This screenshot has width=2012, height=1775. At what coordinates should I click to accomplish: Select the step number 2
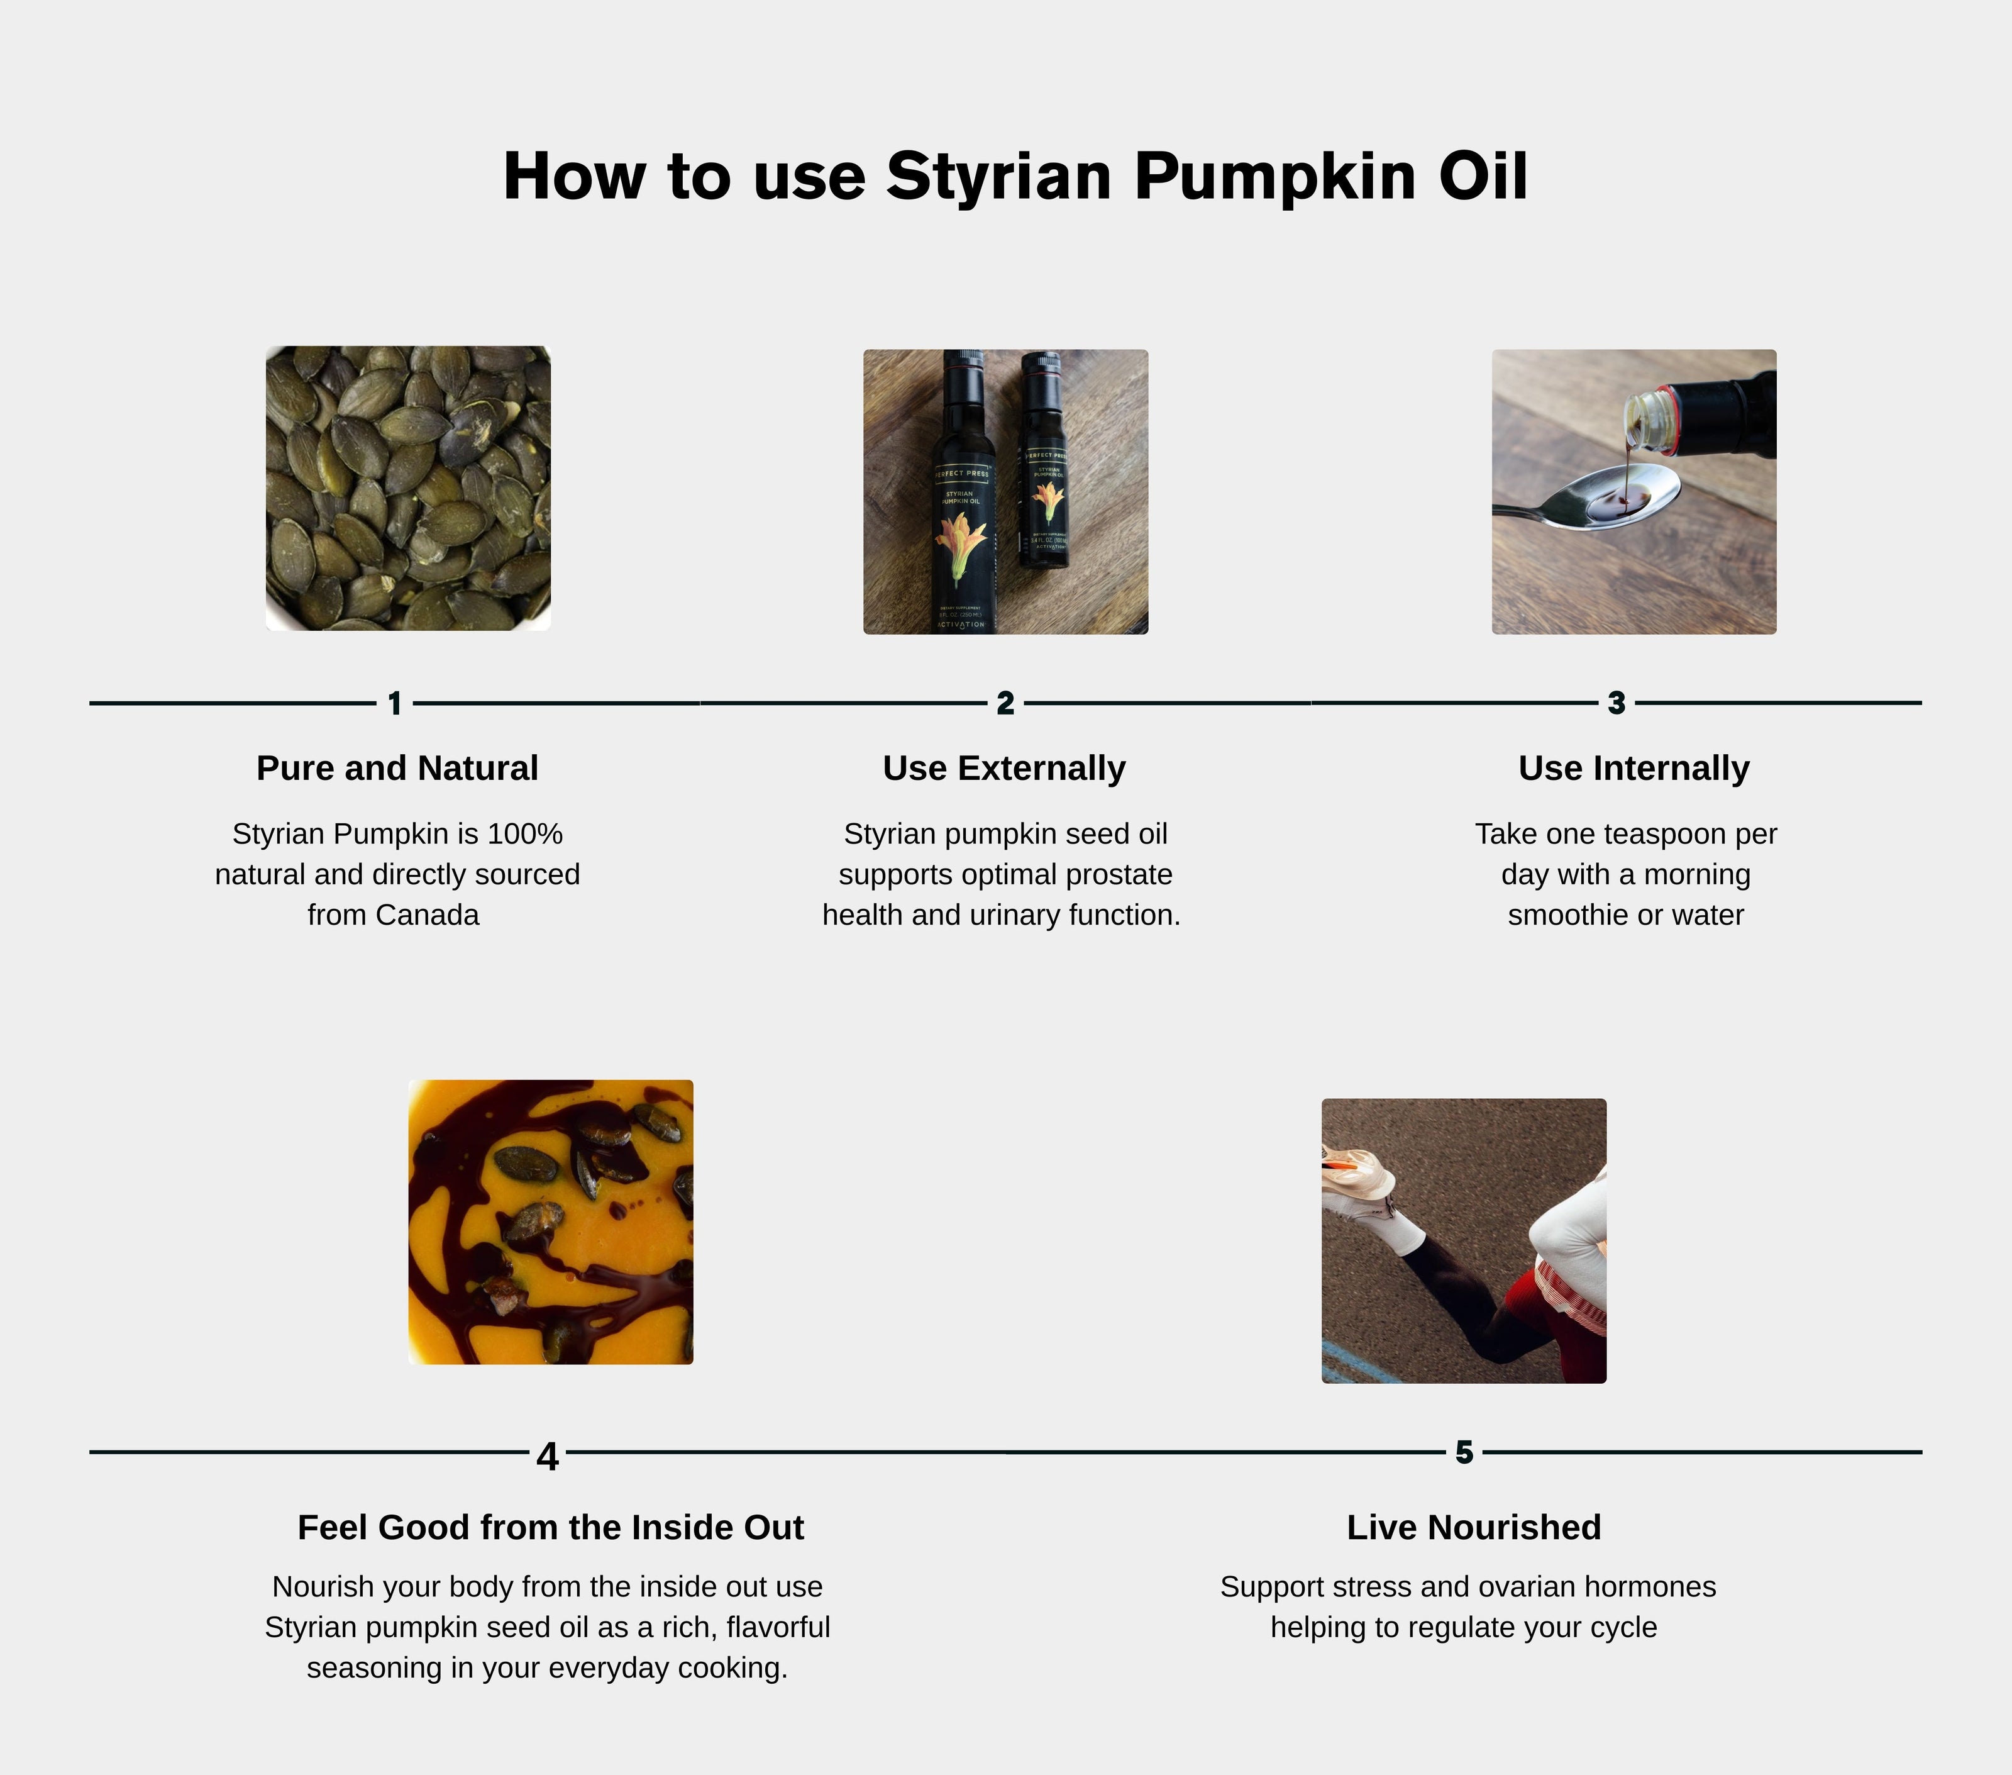click(x=1005, y=703)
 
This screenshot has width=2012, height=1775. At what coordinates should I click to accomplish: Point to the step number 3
click(x=1617, y=703)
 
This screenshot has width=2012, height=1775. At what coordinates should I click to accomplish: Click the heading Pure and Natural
click(x=397, y=768)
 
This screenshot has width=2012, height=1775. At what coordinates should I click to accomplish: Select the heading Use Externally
click(x=1004, y=768)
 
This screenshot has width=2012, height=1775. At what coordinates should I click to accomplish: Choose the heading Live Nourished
click(x=1474, y=1527)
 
